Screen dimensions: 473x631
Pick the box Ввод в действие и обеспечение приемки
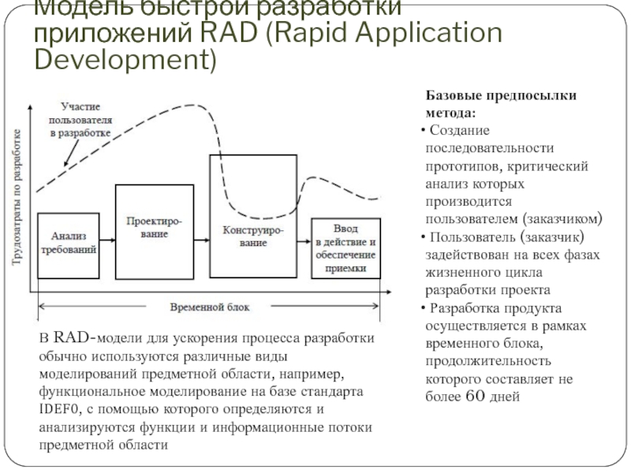point(345,247)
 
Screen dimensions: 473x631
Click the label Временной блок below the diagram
point(207,307)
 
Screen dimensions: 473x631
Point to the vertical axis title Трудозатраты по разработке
point(17,200)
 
